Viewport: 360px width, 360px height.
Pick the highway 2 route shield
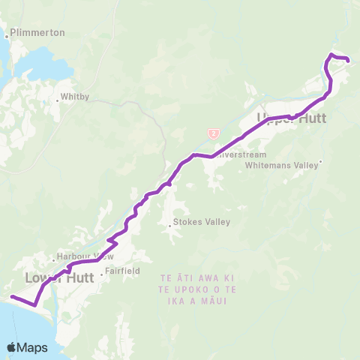tap(214, 133)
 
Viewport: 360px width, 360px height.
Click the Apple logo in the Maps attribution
tap(11, 347)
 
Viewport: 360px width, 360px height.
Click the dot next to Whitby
tap(58, 97)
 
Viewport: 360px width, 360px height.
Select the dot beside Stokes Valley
tap(169, 222)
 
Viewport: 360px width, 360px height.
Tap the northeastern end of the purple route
tap(348, 60)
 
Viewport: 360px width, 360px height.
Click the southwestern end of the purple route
tap(12, 297)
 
